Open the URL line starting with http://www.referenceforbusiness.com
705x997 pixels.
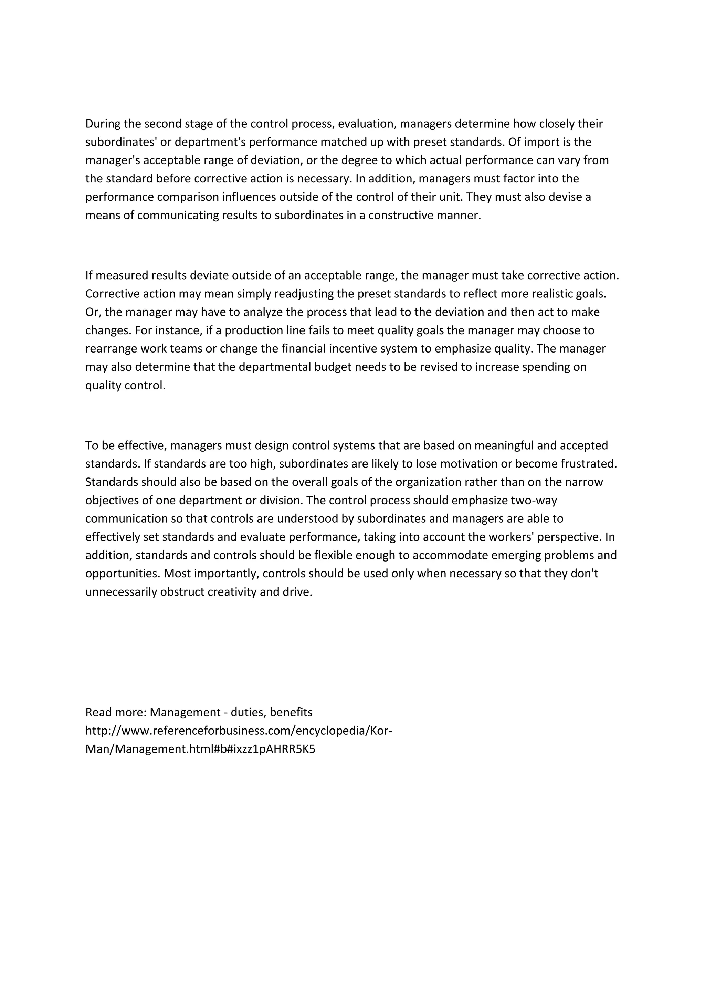(x=239, y=731)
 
